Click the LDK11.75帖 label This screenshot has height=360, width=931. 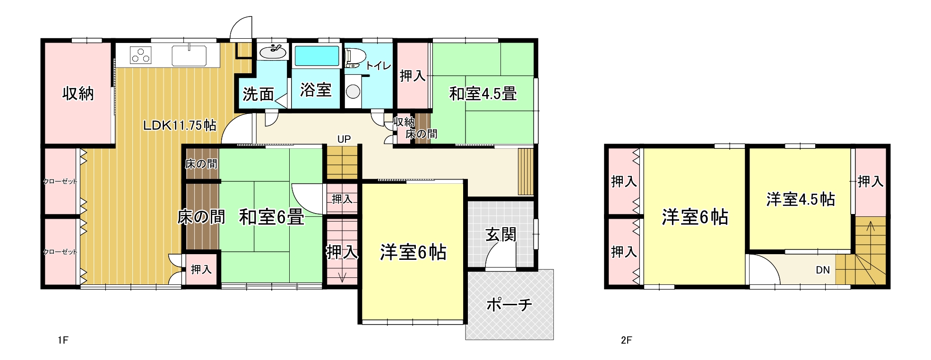point(180,125)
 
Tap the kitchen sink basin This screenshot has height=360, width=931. point(189,55)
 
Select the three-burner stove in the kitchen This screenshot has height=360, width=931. point(141,55)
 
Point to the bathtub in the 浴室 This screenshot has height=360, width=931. point(317,56)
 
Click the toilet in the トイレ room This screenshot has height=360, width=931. point(355,57)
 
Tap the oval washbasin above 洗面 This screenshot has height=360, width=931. point(273,51)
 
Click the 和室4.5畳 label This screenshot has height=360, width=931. point(483,94)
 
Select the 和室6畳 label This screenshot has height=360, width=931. point(271,217)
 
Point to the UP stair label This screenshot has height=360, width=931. point(344,139)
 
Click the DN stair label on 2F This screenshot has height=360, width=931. point(823,270)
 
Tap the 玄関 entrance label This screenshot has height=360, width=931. point(501,234)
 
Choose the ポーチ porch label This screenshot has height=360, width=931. point(509,304)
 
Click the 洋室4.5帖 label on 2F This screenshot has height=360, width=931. point(801,199)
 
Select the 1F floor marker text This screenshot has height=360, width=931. point(63,340)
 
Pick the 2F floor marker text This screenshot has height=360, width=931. point(626,340)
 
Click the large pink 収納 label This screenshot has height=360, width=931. point(78,94)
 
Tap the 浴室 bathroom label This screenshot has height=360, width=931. point(316,90)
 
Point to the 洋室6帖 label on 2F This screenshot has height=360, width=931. point(695,217)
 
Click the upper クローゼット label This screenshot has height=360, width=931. point(60,181)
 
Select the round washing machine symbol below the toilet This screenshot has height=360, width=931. point(353,91)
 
